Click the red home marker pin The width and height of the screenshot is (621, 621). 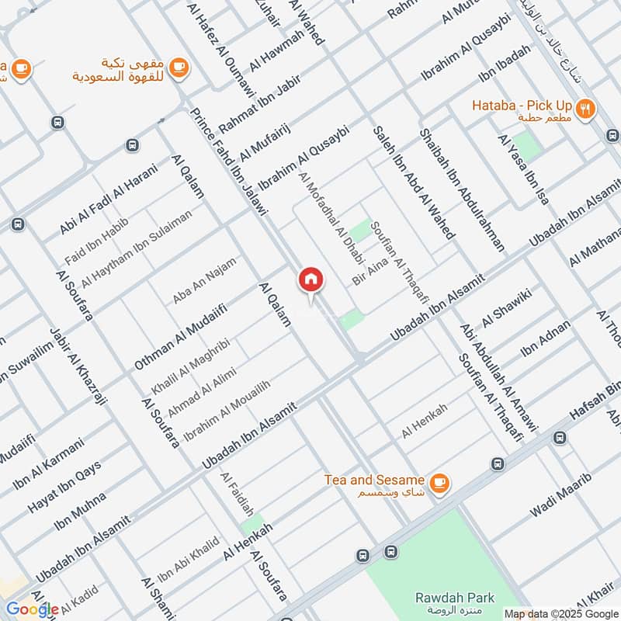[310, 279]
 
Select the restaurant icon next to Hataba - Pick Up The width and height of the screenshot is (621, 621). [586, 109]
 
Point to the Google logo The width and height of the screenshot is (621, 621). [32, 609]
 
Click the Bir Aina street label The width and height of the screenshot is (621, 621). [365, 274]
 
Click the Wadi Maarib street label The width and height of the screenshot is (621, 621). [560, 494]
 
